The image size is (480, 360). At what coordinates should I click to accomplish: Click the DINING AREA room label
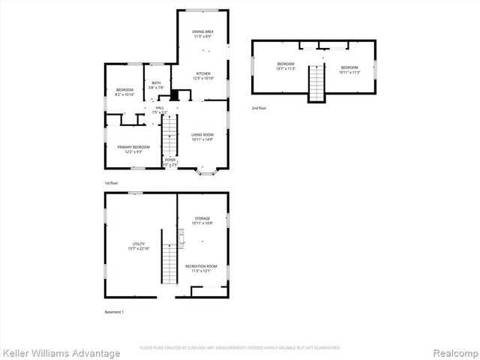click(x=202, y=31)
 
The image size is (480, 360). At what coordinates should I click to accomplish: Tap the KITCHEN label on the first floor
click(x=203, y=73)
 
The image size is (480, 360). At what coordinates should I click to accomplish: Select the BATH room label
click(x=156, y=82)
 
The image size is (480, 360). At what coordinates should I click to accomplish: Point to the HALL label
click(x=159, y=108)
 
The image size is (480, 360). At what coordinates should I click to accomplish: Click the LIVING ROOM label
click(x=202, y=134)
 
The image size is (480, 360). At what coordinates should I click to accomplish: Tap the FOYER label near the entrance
click(x=170, y=160)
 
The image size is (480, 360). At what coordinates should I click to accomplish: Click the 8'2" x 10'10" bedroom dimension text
click(x=124, y=94)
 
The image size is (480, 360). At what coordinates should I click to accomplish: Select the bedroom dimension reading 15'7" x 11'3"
click(x=286, y=68)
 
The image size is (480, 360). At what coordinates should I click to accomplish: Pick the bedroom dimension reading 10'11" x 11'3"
click(x=349, y=72)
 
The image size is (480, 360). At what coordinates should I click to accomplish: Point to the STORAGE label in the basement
click(x=202, y=218)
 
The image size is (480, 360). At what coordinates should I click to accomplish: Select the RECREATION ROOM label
click(x=202, y=266)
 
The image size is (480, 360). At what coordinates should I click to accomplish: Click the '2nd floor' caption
click(x=259, y=109)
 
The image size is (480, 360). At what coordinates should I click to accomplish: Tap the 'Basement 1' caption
click(x=114, y=311)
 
